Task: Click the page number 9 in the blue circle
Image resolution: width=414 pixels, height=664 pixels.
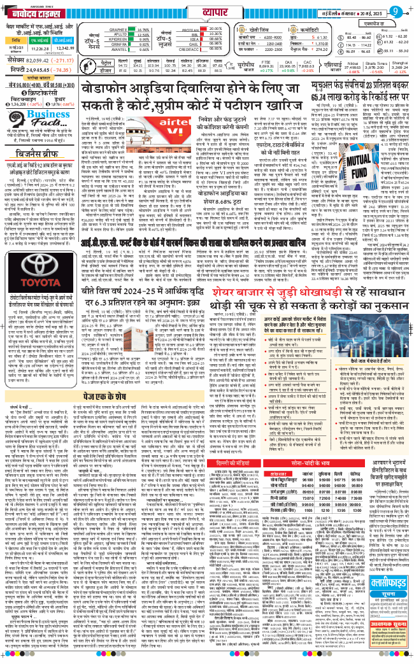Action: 396,11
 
